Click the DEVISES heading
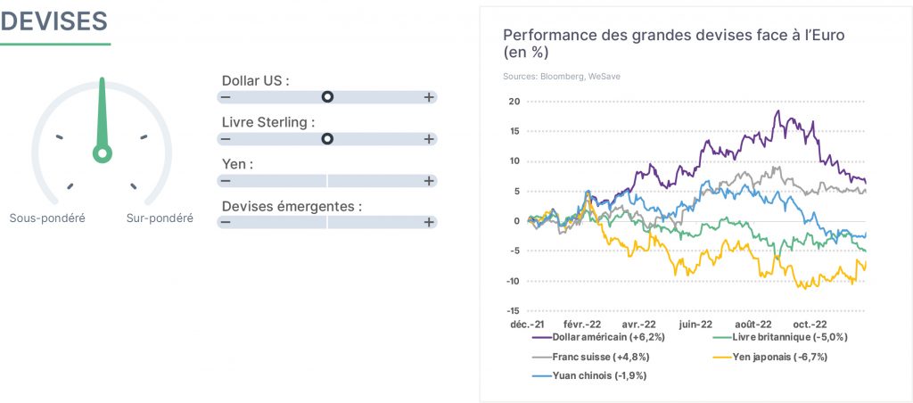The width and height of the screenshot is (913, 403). point(53,21)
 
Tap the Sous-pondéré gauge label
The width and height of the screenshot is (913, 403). point(47,218)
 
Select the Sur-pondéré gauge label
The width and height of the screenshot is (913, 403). point(160,218)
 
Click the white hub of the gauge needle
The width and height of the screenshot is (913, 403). point(103,153)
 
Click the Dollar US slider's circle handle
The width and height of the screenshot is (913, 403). point(328,96)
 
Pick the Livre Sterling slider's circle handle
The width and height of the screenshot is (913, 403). point(328,138)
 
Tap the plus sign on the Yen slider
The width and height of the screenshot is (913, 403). point(429,180)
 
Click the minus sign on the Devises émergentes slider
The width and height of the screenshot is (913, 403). point(226,222)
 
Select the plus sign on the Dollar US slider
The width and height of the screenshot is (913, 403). point(429,97)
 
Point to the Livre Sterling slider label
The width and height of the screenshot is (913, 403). point(268,123)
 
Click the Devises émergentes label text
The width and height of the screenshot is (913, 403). point(292,206)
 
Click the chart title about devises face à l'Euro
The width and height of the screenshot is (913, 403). point(674,44)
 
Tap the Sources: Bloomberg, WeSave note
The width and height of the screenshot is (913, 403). point(562,77)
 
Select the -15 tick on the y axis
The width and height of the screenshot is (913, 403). point(514,311)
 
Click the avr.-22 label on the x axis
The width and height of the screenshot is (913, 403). point(639,325)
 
